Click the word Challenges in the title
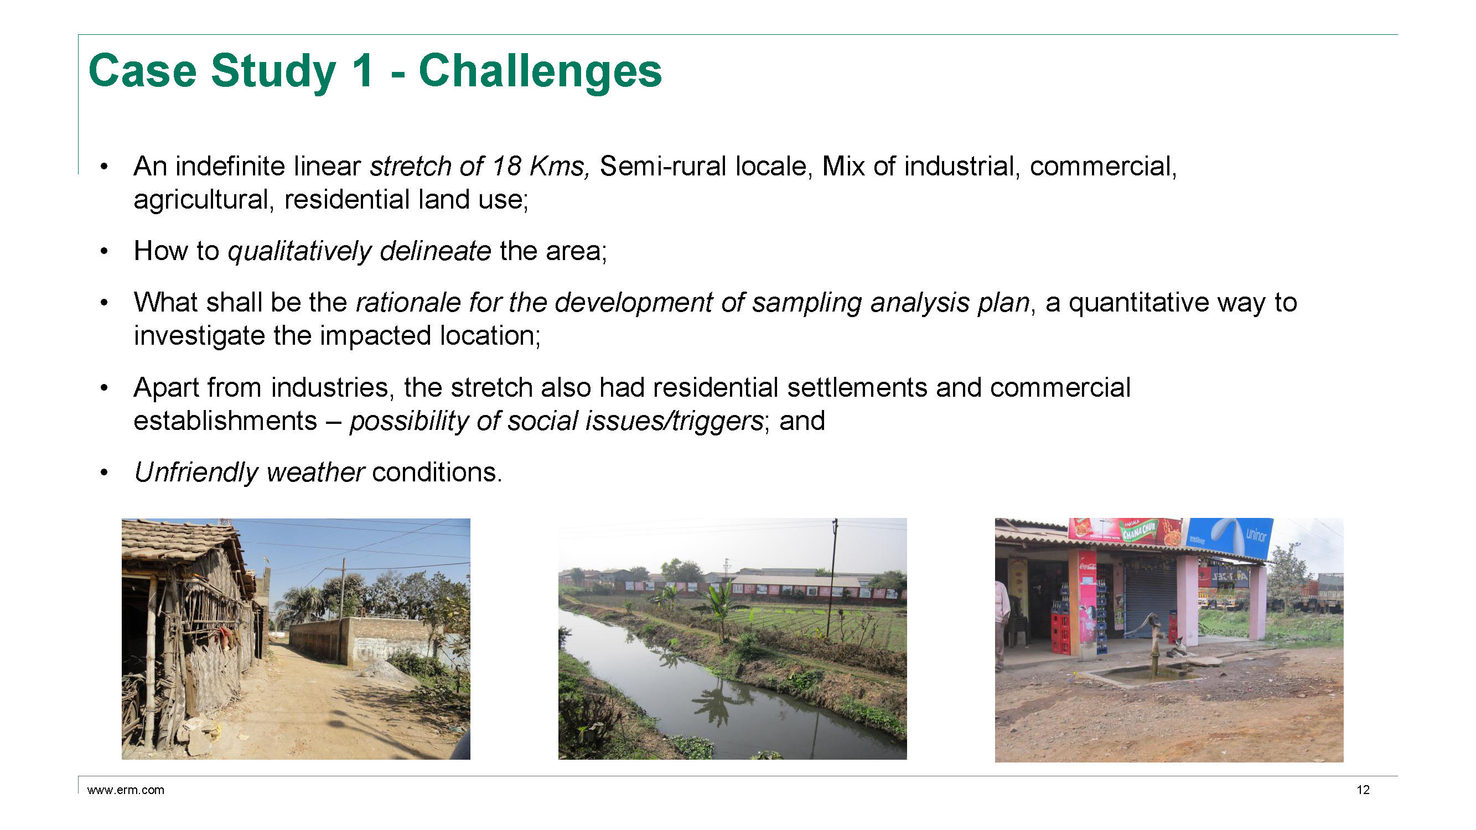(540, 71)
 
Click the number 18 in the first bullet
(506, 166)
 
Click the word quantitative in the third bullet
(1138, 303)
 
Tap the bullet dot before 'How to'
(103, 251)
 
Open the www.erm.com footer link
(126, 790)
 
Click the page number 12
(1363, 790)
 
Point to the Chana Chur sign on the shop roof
(1137, 531)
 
